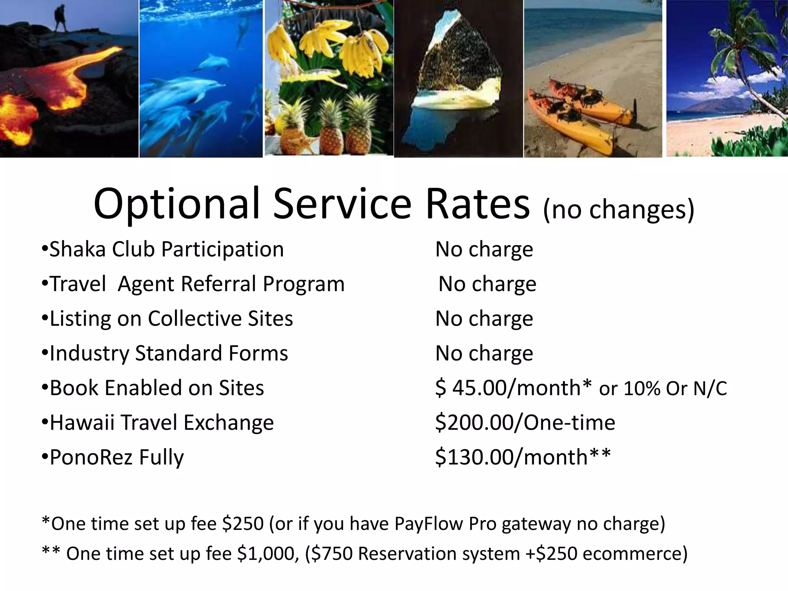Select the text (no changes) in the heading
[618, 209]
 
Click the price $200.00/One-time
[525, 422]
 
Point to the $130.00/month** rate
[523, 457]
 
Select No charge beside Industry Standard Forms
[484, 353]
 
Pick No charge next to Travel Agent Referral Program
[487, 284]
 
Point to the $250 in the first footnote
[243, 524]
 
